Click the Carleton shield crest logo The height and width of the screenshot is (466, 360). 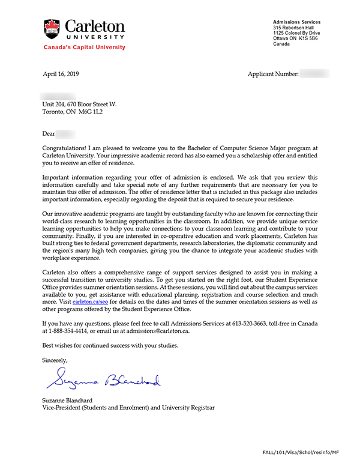52,29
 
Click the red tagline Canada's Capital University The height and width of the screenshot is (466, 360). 85,47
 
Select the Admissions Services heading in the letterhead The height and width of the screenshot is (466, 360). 296,22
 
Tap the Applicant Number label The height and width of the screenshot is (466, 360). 272,74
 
